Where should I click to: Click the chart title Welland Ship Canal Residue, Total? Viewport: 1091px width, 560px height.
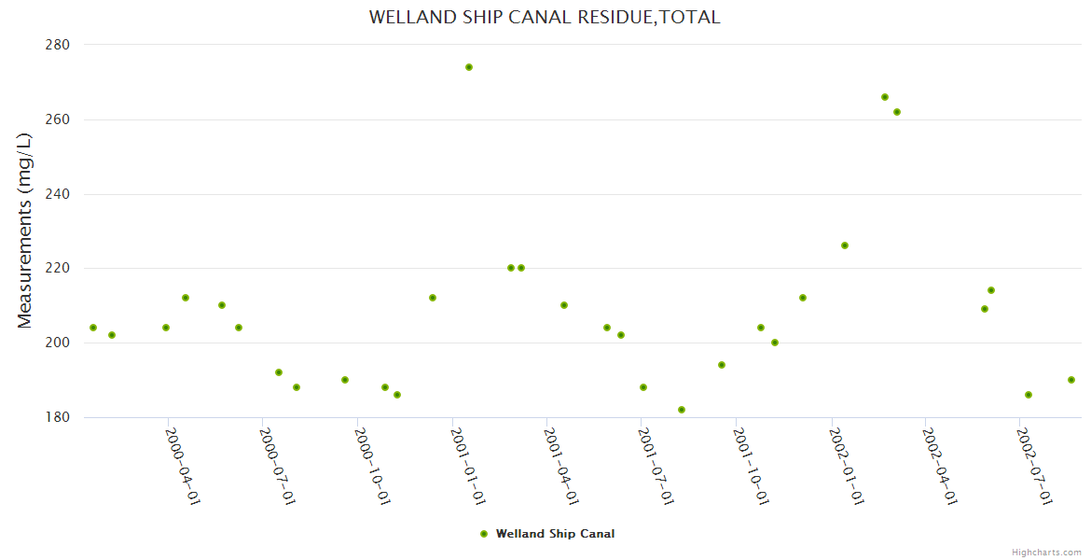point(545,17)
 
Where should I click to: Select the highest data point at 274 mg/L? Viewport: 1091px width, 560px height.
point(469,67)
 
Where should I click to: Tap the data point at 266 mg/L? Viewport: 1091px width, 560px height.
point(885,97)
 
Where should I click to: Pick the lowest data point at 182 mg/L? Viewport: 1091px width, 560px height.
point(682,410)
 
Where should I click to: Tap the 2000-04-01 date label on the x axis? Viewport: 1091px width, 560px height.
point(183,466)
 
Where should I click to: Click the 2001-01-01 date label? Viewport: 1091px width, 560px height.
point(467,466)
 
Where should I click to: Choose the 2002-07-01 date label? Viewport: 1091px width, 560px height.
point(1035,466)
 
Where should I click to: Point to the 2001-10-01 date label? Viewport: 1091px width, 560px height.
point(751,466)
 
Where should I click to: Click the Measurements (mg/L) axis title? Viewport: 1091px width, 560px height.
point(25,231)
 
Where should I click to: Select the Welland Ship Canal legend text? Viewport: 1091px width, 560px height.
point(555,534)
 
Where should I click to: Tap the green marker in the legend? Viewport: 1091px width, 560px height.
point(483,534)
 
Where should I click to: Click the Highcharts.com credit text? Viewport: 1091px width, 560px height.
point(1046,553)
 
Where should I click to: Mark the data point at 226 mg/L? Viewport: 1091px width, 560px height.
point(845,245)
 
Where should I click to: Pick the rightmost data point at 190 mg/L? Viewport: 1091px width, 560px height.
point(1071,380)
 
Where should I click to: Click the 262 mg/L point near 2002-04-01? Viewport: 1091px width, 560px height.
point(897,112)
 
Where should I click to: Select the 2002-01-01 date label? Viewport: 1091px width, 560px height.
point(846,466)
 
